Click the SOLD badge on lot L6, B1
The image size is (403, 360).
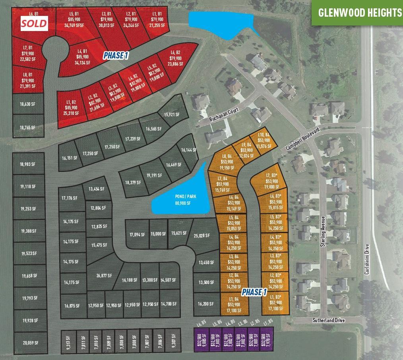(x=34, y=23)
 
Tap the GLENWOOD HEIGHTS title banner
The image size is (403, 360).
(x=360, y=12)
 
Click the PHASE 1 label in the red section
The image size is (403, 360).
(x=116, y=56)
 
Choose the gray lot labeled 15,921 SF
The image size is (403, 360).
(x=172, y=115)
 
